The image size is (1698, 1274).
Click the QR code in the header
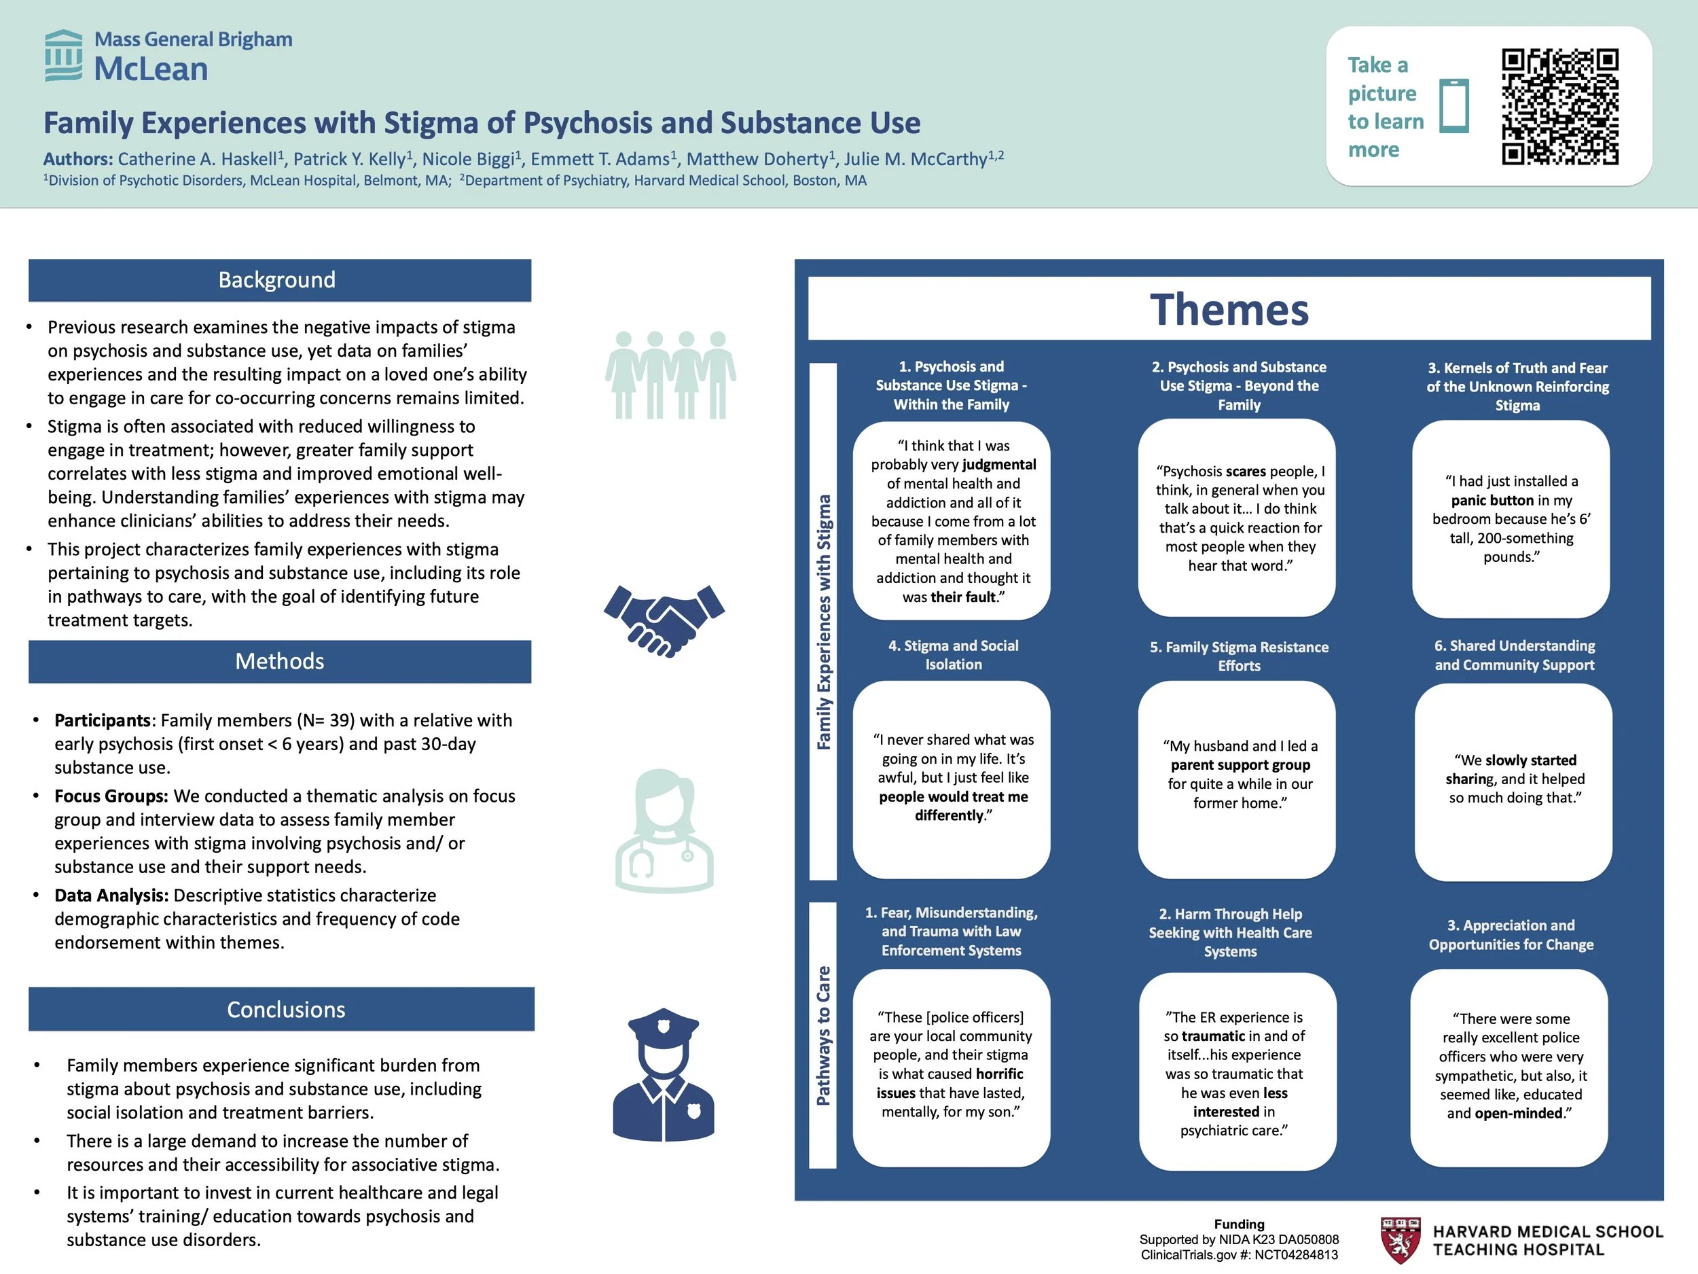(1560, 107)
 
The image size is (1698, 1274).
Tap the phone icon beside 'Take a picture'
(1454, 106)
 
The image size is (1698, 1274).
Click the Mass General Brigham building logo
(64, 55)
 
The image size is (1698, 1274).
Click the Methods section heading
(279, 661)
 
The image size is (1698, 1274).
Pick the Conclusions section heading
(285, 1009)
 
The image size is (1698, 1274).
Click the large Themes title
(1229, 309)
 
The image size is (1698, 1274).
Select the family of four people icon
(670, 376)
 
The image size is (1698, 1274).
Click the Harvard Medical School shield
(1400, 1240)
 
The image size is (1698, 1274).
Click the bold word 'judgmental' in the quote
(998, 465)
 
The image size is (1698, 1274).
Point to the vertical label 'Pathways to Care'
(823, 1036)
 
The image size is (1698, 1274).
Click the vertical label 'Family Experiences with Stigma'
(823, 622)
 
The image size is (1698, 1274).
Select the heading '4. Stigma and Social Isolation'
(953, 655)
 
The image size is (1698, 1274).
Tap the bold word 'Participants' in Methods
(102, 720)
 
